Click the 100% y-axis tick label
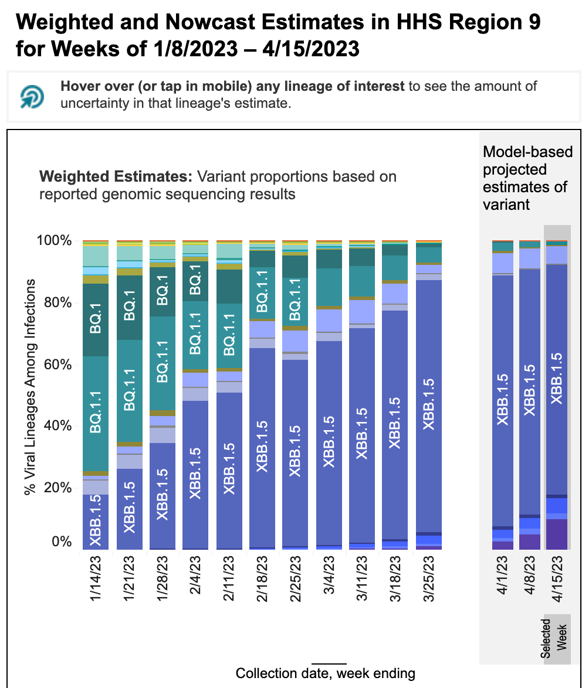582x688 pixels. pyautogui.click(x=55, y=241)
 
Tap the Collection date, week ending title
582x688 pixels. pyautogui.click(x=325, y=673)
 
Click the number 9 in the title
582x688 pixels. pyautogui.click(x=532, y=23)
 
